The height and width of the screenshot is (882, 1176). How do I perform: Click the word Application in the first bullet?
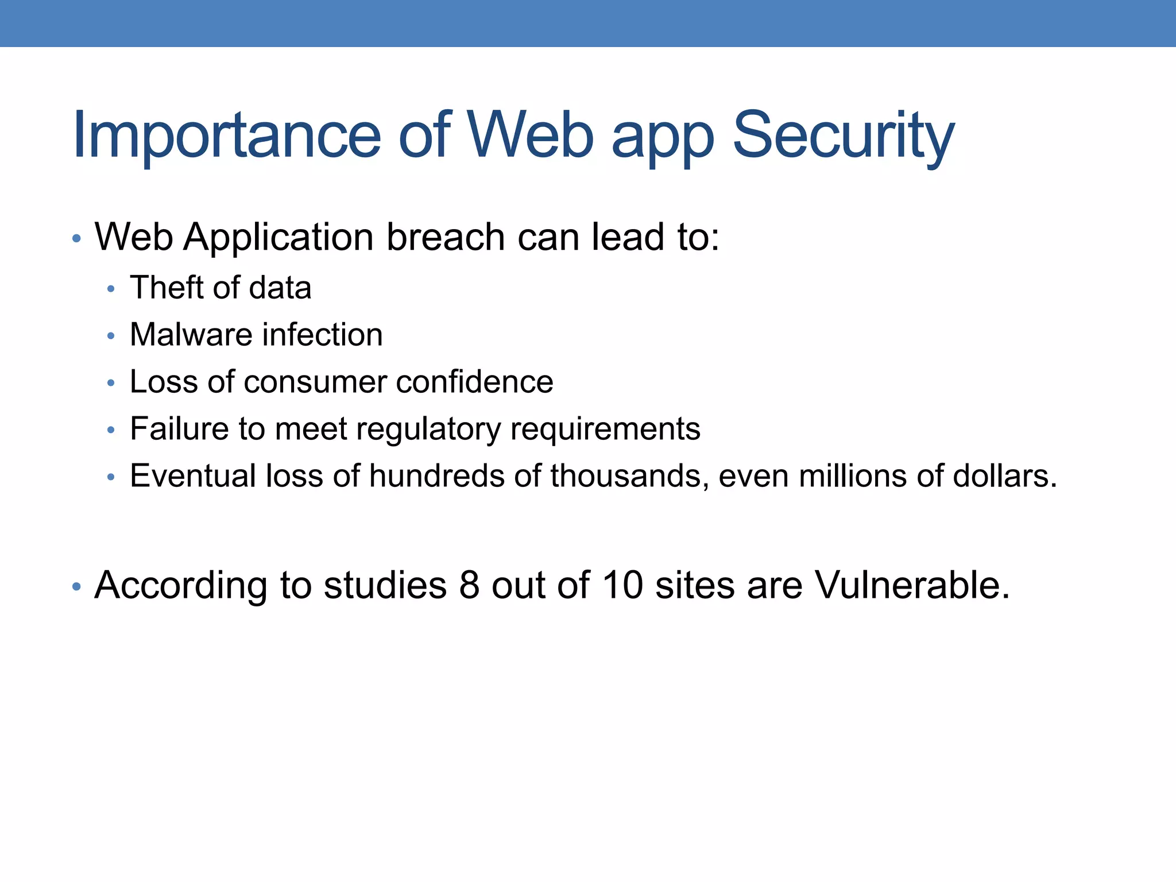pos(278,237)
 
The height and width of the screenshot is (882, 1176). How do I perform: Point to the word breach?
pos(446,237)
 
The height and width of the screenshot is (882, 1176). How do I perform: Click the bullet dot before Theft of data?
pos(111,289)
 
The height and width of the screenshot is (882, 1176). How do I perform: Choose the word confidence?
pos(474,382)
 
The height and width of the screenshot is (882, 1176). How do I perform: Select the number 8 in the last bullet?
pos(469,586)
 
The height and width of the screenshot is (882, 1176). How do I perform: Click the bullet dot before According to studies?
pos(76,587)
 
